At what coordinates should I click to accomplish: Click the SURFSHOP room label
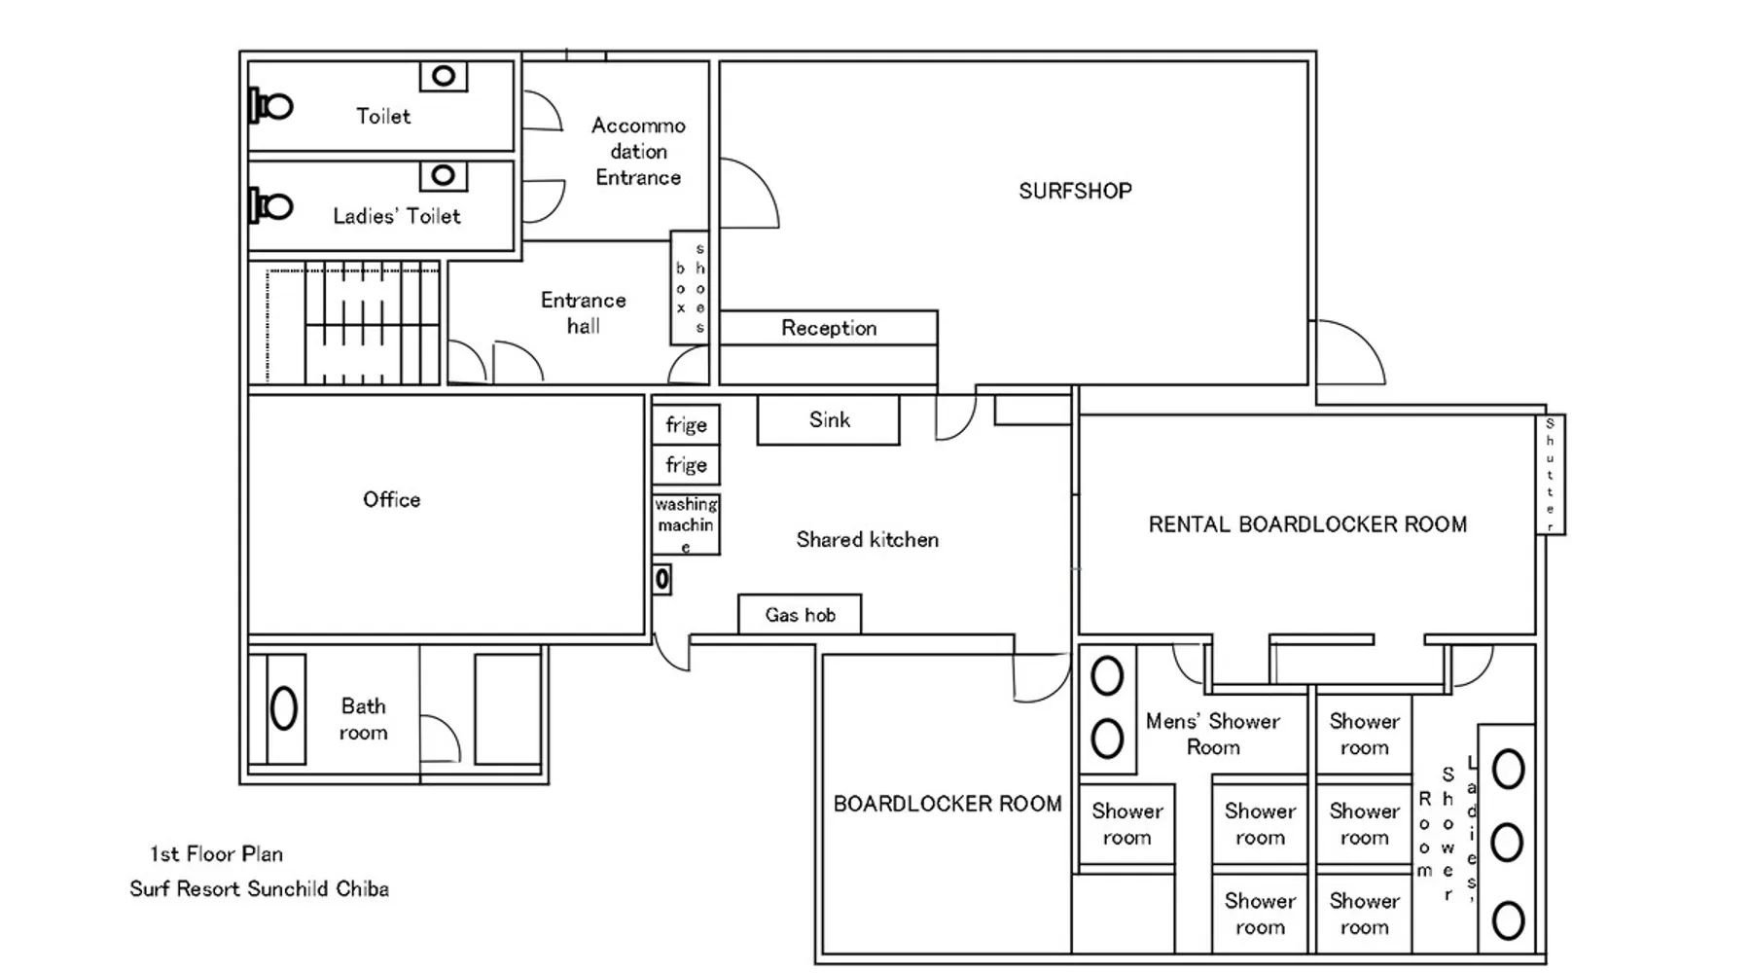click(x=1075, y=191)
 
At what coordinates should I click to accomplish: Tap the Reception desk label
click(x=829, y=328)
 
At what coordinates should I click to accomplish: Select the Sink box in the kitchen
click(x=829, y=420)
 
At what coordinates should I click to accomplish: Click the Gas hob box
click(x=800, y=615)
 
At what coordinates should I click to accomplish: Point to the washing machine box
click(x=686, y=524)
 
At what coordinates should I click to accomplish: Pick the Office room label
click(x=392, y=499)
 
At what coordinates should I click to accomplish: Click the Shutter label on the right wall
click(x=1550, y=474)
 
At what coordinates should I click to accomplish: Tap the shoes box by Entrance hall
click(x=690, y=288)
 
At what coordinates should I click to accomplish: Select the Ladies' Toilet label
click(x=397, y=216)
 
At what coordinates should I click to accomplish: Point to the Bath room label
click(x=363, y=719)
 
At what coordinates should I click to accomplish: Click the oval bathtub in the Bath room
click(x=284, y=708)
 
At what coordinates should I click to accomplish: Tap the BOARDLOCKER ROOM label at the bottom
click(x=947, y=804)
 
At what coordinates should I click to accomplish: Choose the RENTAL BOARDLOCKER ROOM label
click(x=1307, y=524)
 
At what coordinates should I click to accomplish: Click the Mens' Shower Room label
click(x=1213, y=734)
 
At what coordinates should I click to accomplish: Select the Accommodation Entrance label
click(x=639, y=152)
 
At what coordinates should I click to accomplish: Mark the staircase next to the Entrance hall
click(x=352, y=323)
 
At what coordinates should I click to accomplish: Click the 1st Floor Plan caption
click(x=216, y=854)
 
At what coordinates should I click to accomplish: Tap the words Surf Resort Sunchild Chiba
click(x=260, y=889)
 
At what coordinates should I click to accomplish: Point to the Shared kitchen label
click(x=868, y=540)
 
